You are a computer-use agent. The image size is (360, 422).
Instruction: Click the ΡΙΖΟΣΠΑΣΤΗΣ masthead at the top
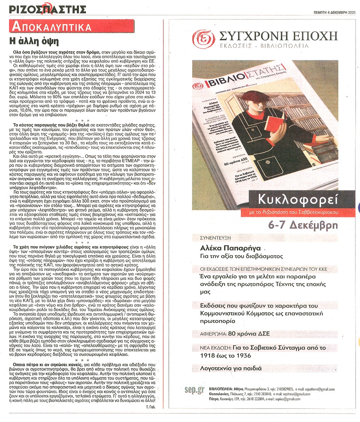point(48,9)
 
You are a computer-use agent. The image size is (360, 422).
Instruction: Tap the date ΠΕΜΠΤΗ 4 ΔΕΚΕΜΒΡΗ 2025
point(335,12)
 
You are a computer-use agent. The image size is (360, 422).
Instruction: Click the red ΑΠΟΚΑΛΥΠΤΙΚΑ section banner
point(52,27)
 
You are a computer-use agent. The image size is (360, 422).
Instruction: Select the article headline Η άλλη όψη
point(34,41)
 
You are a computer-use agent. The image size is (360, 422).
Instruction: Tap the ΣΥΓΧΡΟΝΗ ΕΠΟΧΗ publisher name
point(273,36)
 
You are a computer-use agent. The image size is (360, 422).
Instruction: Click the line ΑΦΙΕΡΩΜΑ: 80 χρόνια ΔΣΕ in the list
point(233,333)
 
